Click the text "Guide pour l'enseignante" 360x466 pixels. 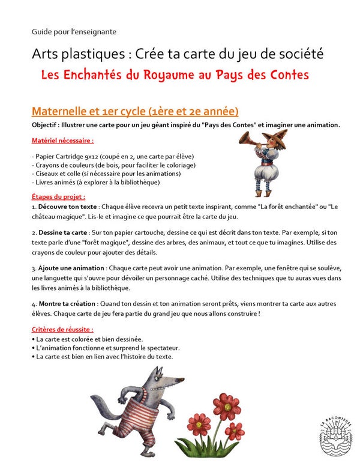74,31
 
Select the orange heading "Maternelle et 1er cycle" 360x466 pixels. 135,111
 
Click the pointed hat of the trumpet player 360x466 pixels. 266,136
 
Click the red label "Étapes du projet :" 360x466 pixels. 58,196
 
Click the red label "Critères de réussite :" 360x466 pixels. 62,330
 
